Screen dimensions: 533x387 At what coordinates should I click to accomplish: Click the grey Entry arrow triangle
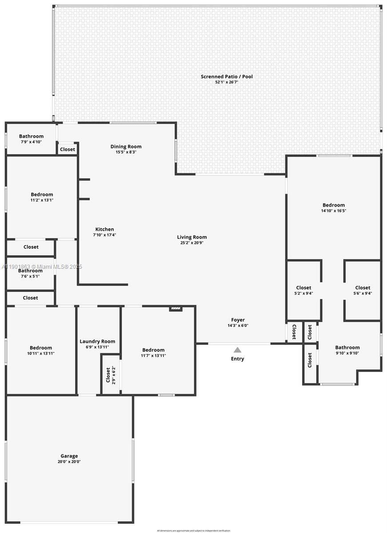(238, 350)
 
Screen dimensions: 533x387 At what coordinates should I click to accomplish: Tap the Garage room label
(69, 456)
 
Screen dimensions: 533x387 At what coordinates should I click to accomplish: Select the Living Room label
(192, 237)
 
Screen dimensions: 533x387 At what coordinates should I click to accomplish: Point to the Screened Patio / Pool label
(227, 76)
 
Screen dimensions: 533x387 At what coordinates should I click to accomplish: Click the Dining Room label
(126, 147)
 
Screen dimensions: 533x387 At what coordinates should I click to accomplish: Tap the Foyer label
(238, 320)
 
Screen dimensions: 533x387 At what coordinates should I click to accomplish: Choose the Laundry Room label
(97, 341)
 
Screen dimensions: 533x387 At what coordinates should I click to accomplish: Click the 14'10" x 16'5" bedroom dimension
(334, 211)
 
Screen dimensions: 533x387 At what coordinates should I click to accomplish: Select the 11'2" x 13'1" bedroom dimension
(42, 200)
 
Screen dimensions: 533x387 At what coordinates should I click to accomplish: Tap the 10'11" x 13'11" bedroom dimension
(41, 354)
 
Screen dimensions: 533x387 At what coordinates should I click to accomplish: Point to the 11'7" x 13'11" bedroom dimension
(153, 356)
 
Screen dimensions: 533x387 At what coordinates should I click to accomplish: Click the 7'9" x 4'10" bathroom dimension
(31, 142)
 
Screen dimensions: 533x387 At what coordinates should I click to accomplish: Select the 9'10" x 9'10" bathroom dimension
(347, 354)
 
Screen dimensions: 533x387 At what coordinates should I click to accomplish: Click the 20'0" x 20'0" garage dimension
(69, 462)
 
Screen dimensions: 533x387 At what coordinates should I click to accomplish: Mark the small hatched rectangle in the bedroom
(176, 308)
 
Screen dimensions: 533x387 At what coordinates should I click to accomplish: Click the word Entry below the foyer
(238, 359)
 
